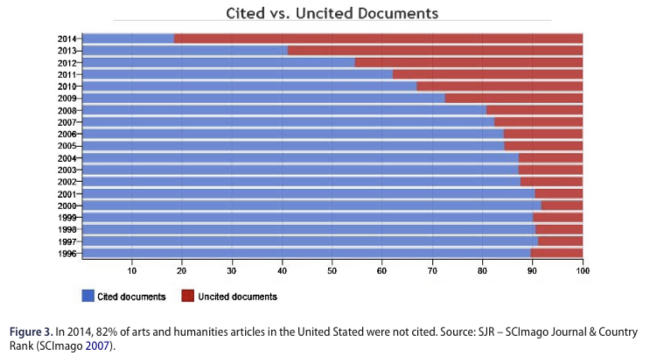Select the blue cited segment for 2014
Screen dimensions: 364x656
128,38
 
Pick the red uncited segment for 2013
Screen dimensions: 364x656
435,51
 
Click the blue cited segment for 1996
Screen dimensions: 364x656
306,253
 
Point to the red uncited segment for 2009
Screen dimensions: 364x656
513,98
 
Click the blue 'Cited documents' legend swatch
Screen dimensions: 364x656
87,297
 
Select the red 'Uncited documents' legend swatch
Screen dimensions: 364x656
186,297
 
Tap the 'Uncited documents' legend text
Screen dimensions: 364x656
239,297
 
